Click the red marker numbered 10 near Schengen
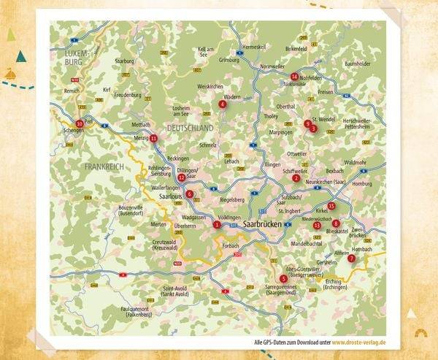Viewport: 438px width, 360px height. (80, 123)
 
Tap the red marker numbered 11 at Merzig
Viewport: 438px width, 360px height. (153, 138)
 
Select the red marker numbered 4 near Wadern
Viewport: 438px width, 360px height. (222, 104)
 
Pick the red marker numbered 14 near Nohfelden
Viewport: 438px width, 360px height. (294, 77)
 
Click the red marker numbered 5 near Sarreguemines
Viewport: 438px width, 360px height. (283, 278)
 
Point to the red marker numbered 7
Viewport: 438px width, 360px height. (351, 258)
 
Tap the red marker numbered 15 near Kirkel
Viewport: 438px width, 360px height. (331, 207)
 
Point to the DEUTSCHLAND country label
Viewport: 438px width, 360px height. (190, 128)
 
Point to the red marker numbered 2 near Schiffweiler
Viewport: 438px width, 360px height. (296, 177)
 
